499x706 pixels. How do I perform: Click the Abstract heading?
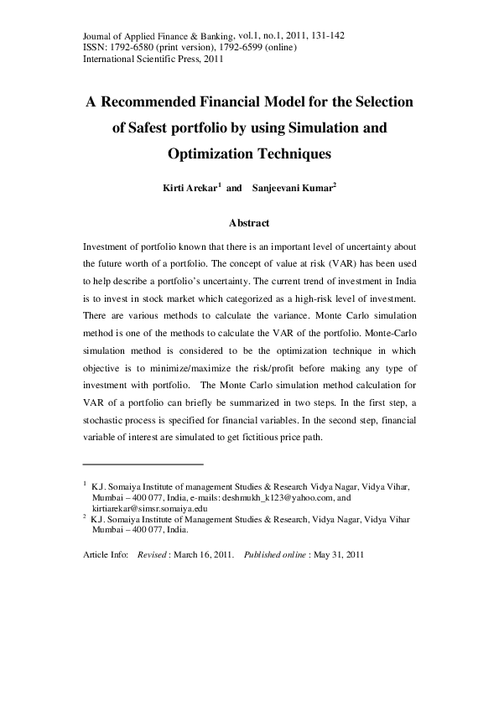click(x=249, y=223)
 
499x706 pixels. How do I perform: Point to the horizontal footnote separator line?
click(x=143, y=463)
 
